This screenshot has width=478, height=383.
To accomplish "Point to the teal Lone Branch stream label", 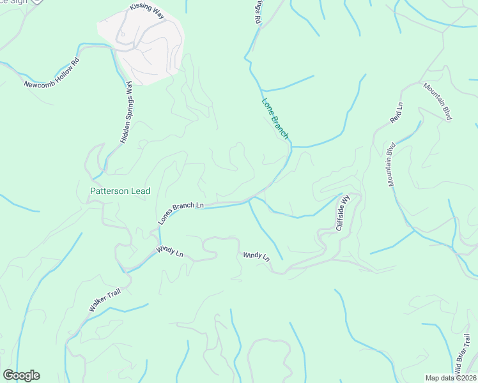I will pos(275,118).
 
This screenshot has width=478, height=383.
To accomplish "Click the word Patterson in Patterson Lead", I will pos(105,191).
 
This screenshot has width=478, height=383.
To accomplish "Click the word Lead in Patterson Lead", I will pos(140,191).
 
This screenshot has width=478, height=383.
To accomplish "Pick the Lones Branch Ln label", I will pos(181,213).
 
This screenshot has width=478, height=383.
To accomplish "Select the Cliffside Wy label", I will pos(344,213).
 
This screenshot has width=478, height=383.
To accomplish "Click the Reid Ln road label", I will pos(397,112).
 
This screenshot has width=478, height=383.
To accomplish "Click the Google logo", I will pos(21,375).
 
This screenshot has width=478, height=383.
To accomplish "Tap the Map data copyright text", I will pos(450,377).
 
